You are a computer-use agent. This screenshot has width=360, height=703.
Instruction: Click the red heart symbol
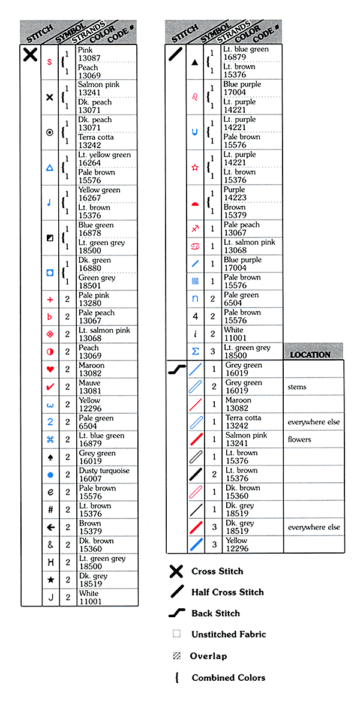(50, 369)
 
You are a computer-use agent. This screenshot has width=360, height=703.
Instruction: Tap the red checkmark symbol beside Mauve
(50, 387)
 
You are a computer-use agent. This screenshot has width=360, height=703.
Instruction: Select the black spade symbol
(50, 457)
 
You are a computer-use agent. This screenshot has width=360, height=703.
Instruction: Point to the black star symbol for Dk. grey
(50, 580)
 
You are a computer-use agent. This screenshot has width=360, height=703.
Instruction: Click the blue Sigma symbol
(195, 351)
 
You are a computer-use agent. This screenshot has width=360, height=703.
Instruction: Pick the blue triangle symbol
(50, 168)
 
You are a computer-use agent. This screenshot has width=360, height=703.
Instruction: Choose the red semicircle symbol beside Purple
(195, 204)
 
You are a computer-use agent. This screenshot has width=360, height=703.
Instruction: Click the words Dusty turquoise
(103, 471)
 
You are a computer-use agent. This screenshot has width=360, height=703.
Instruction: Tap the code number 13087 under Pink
(89, 58)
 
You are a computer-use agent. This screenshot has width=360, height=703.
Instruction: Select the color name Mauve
(89, 383)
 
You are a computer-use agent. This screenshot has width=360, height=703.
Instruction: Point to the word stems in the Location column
(297, 387)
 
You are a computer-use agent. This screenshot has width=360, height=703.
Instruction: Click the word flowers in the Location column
(299, 440)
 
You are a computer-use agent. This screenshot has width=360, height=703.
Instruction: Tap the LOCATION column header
(310, 354)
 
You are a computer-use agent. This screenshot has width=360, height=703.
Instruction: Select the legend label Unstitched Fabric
(229, 634)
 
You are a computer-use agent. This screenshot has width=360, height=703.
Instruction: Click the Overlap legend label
(208, 656)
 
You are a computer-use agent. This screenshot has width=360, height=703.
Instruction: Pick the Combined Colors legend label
(228, 678)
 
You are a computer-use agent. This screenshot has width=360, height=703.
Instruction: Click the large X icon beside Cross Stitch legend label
(176, 571)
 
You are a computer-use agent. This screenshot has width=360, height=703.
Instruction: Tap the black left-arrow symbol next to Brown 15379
(50, 527)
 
